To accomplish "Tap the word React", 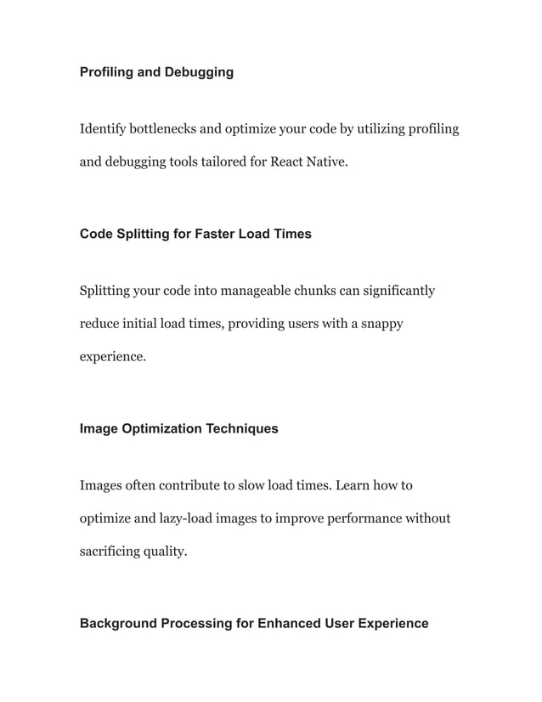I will [289, 161].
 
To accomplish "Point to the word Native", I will [329, 161].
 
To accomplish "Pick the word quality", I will [168, 551].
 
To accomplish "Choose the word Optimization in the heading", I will [161, 428].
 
